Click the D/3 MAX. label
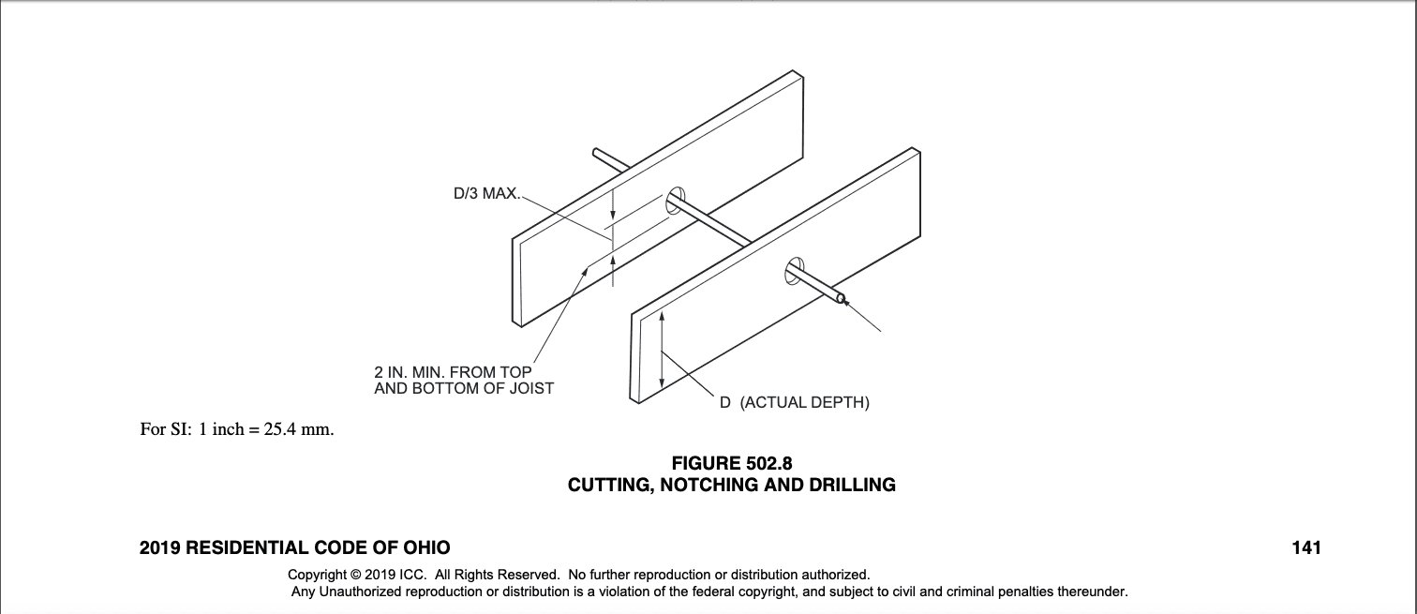(x=485, y=195)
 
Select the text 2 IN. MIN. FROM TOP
(x=453, y=373)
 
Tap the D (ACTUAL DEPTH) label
(x=795, y=403)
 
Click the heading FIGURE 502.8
(x=732, y=463)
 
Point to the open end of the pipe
(x=841, y=299)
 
